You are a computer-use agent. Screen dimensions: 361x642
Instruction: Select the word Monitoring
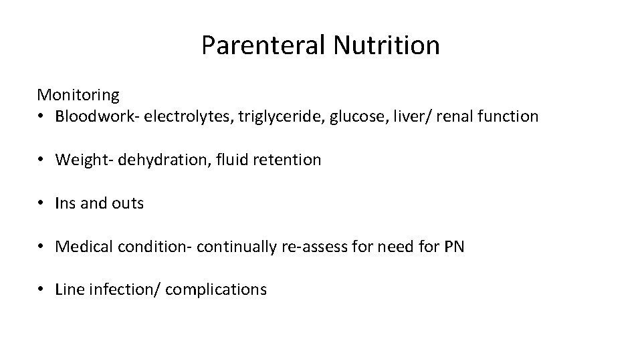pyautogui.click(x=78, y=95)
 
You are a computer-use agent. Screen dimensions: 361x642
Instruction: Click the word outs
pyautogui.click(x=128, y=203)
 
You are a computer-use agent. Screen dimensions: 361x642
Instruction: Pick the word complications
pyautogui.click(x=216, y=289)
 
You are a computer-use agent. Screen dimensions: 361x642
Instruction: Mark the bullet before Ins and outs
pyautogui.click(x=41, y=203)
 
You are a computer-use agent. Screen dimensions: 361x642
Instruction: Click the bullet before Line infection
pyautogui.click(x=41, y=289)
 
